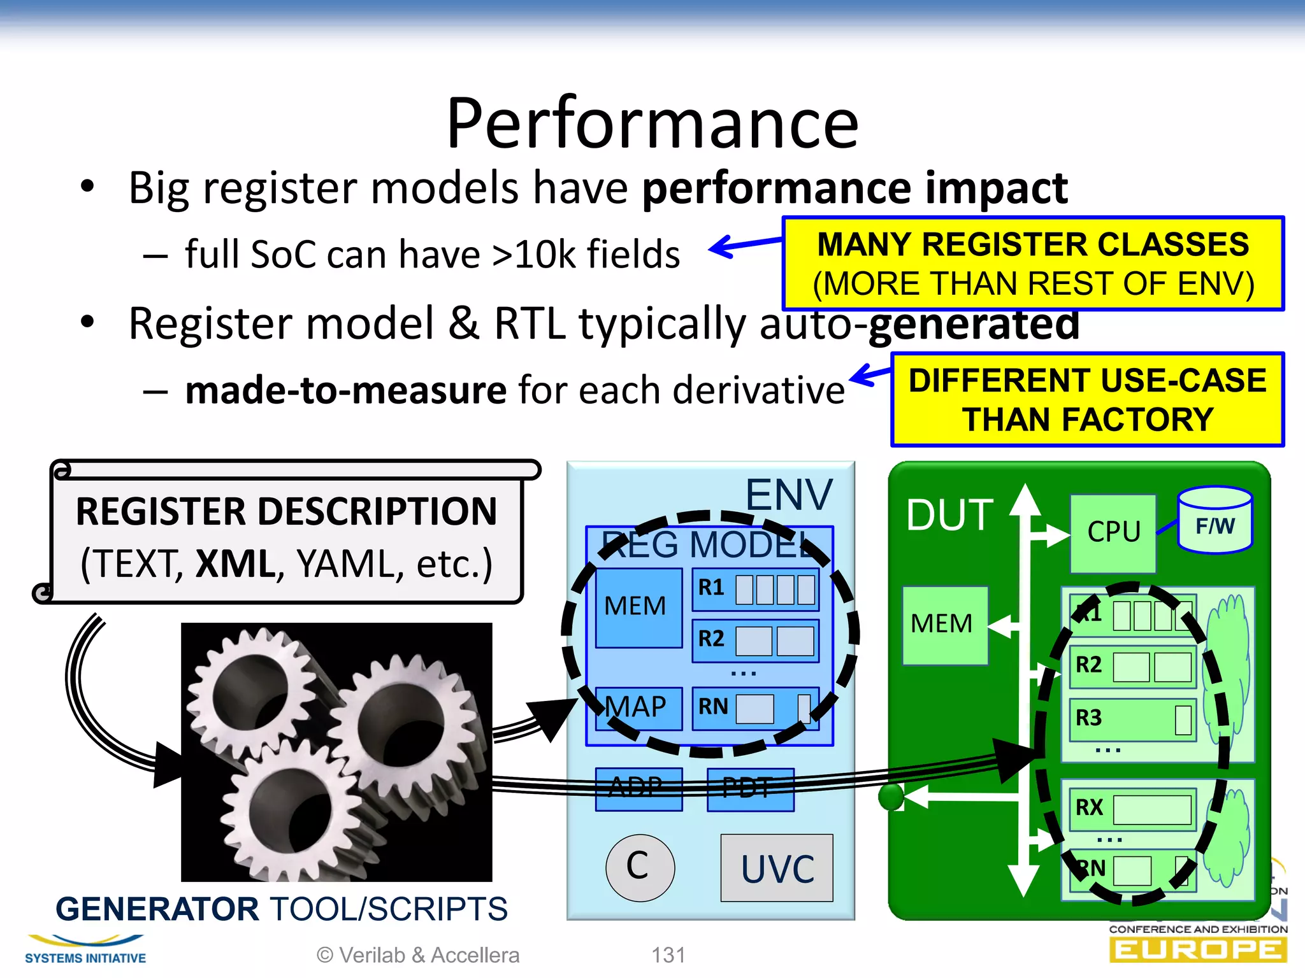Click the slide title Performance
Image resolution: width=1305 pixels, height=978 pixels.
pos(652,124)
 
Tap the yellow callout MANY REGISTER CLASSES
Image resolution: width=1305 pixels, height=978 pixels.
pos(1033,264)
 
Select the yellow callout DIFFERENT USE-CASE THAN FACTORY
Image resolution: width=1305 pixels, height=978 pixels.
pos(1087,400)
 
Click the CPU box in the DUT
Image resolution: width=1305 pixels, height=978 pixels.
pos(1113,532)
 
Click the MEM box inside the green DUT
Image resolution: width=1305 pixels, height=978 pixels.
pos(942,624)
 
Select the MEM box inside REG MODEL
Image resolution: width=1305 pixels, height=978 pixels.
pos(637,606)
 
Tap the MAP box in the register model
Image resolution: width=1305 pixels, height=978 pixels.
pos(637,707)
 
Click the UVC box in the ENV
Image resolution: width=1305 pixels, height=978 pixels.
pos(777,868)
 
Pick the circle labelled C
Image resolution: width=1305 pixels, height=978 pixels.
pos(639,867)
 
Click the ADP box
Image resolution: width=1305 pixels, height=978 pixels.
pos(638,788)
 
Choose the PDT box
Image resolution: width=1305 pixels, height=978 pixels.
pos(750,788)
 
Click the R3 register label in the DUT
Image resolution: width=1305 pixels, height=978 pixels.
pos(1089,718)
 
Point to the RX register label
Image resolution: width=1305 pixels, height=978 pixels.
pos(1089,807)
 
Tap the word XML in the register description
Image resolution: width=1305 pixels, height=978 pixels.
pos(235,564)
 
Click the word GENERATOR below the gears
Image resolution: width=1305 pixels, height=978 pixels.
pos(157,909)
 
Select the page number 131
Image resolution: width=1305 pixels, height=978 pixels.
pos(668,955)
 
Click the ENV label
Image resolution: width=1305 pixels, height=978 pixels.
pos(789,495)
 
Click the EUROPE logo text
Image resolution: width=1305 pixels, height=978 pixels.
pos(1197,951)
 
